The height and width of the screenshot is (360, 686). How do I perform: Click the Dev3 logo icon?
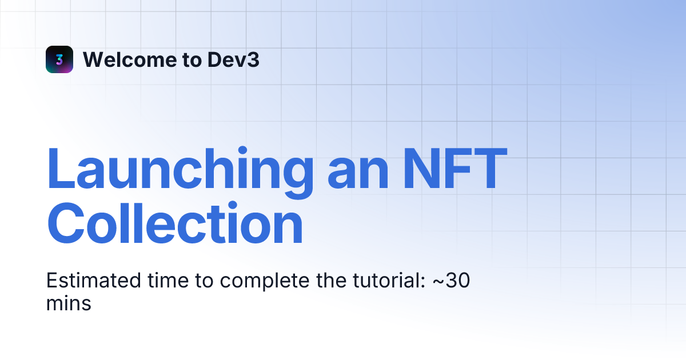[59, 59]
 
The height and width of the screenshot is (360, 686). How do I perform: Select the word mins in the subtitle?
[69, 303]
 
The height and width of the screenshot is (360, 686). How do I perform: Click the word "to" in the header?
[192, 60]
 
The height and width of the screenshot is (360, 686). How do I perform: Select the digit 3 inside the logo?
[59, 59]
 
